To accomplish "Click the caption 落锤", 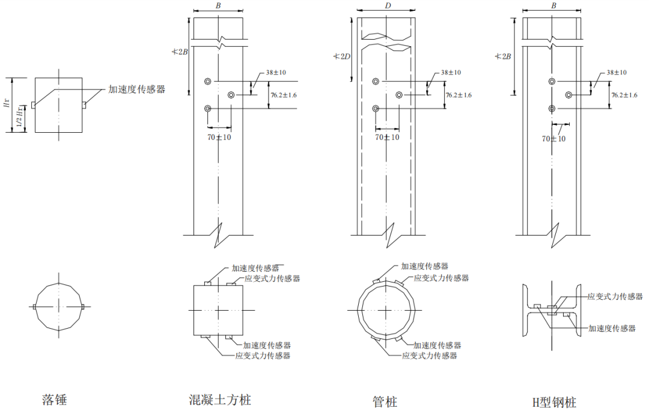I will tap(54, 400).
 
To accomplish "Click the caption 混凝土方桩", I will tap(220, 400).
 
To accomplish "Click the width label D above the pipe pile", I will tap(385, 5).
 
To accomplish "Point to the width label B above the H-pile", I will tap(553, 5).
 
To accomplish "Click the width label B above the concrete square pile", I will tap(218, 5).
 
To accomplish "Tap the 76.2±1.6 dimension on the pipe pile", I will tap(459, 95).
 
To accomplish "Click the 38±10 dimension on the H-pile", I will tap(616, 72).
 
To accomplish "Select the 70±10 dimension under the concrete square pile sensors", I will tap(219, 138).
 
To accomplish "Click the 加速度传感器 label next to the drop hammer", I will tap(136, 90).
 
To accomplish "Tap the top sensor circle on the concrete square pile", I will tap(208, 81).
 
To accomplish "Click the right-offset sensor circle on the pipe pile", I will tap(399, 95).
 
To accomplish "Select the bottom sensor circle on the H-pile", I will tap(552, 108).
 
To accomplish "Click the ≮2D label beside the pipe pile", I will tap(343, 56).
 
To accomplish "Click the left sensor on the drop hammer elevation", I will tap(33, 105).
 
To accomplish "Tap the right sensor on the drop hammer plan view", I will tap(82, 306).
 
